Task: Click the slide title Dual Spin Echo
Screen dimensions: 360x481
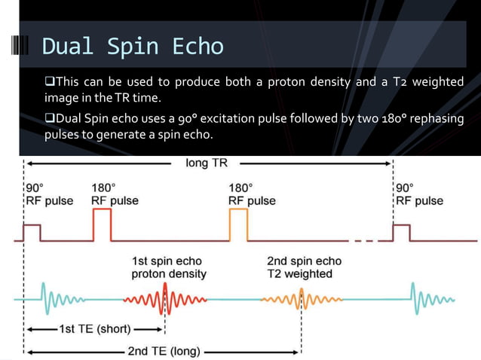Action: coord(133,47)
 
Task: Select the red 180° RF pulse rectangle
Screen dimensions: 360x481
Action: coord(102,224)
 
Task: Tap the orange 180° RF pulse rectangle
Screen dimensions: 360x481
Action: coord(238,224)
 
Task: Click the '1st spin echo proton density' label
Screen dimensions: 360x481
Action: coord(169,267)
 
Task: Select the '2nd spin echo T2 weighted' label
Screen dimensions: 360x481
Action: coord(304,267)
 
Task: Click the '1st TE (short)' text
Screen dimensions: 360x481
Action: coord(94,329)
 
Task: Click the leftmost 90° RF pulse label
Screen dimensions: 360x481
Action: coord(49,194)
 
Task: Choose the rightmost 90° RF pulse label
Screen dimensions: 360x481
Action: coord(419,194)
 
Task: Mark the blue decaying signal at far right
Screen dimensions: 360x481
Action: coord(426,300)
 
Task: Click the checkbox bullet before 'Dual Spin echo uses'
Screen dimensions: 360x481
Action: coord(49,119)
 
